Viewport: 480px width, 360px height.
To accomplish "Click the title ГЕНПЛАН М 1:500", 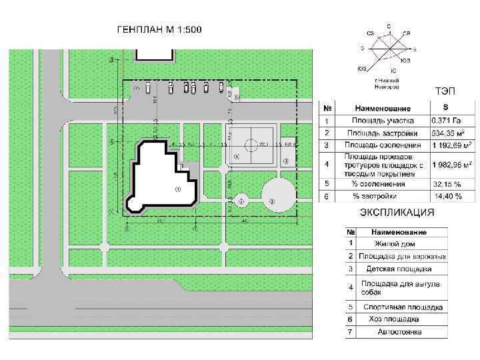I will pyautogui.click(x=159, y=30).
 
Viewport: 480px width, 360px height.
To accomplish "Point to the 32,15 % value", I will pyautogui.click(x=447, y=183).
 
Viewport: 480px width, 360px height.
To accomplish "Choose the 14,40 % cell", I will pyautogui.click(x=448, y=196).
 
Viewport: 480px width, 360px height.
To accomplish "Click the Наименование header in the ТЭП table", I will pyautogui.click(x=383, y=108).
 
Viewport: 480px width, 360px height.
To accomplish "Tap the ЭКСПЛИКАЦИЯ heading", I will pyautogui.click(x=397, y=213).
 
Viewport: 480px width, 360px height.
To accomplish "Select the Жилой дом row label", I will pyautogui.click(x=395, y=244).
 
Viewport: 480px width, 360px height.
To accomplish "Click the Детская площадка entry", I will pyautogui.click(x=399, y=269).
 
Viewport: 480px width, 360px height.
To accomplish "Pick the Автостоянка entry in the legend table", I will pyautogui.click(x=399, y=331).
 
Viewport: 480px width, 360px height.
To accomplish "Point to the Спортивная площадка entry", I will pyautogui.click(x=403, y=307).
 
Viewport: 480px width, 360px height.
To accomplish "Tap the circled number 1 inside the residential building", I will pyautogui.click(x=177, y=189).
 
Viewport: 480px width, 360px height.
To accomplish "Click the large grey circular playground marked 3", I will pyautogui.click(x=277, y=196).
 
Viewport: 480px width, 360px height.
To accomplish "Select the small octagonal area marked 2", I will pyautogui.click(x=241, y=200).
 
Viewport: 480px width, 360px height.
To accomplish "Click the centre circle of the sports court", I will pyautogui.click(x=251, y=145).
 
